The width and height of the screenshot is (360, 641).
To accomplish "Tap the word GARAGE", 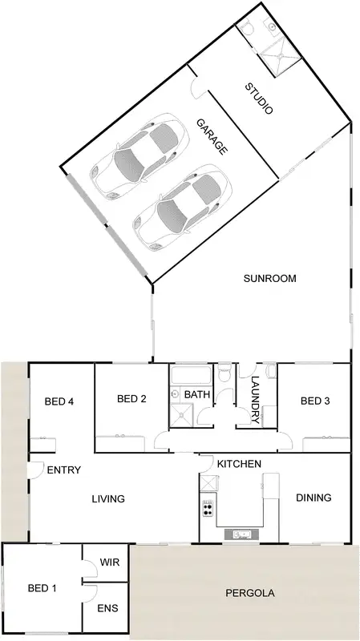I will [x=212, y=136].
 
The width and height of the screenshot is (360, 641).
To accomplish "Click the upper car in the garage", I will [x=133, y=157].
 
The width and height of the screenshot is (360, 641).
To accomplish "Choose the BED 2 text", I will [x=132, y=399].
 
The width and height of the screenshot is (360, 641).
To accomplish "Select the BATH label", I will [x=197, y=395].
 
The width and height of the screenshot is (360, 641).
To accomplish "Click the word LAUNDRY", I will [x=256, y=399].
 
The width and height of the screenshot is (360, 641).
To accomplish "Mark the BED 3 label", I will [x=315, y=401].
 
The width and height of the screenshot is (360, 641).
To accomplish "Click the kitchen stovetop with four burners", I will [x=208, y=507].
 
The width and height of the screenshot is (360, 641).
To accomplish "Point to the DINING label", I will [x=313, y=498].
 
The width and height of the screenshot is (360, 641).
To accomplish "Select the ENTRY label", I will [x=63, y=470].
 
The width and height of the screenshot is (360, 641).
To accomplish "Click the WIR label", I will [x=110, y=562].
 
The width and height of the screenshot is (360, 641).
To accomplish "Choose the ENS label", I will [x=108, y=609].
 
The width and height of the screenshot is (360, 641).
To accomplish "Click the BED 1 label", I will [x=42, y=589].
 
